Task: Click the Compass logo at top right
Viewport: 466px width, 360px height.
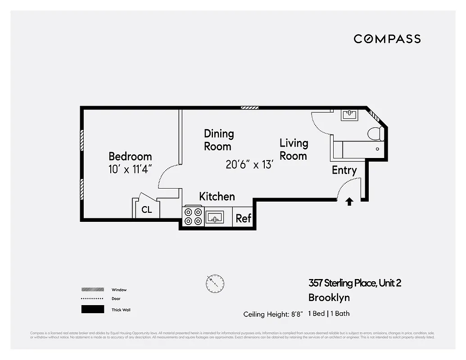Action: tap(387, 39)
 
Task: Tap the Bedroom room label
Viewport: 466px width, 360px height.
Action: tap(130, 157)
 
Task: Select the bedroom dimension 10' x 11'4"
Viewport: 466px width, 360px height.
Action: tap(130, 170)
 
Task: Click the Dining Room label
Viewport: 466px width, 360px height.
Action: tap(219, 140)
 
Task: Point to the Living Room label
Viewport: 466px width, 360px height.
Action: tap(294, 149)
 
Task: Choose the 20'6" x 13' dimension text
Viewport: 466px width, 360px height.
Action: tap(249, 165)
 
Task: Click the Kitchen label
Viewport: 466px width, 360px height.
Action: tap(217, 197)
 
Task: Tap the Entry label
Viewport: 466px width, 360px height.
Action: tap(344, 170)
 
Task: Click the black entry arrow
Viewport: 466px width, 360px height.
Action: tap(349, 201)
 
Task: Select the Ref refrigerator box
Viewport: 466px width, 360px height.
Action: tap(243, 218)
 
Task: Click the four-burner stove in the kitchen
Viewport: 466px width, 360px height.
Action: tap(193, 216)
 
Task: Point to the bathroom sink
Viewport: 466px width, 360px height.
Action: tap(349, 115)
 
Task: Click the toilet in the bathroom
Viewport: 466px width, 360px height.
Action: tap(375, 134)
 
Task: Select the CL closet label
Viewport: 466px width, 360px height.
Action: tap(147, 210)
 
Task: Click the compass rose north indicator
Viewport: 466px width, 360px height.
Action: tap(215, 283)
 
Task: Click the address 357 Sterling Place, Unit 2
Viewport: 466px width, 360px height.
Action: tap(354, 283)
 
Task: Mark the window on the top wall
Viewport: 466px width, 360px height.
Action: tap(249, 108)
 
